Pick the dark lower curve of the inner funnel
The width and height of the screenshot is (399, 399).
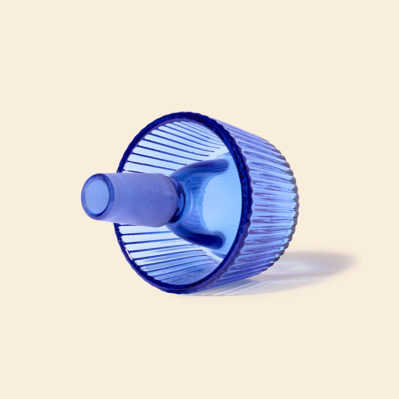[207, 240]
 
